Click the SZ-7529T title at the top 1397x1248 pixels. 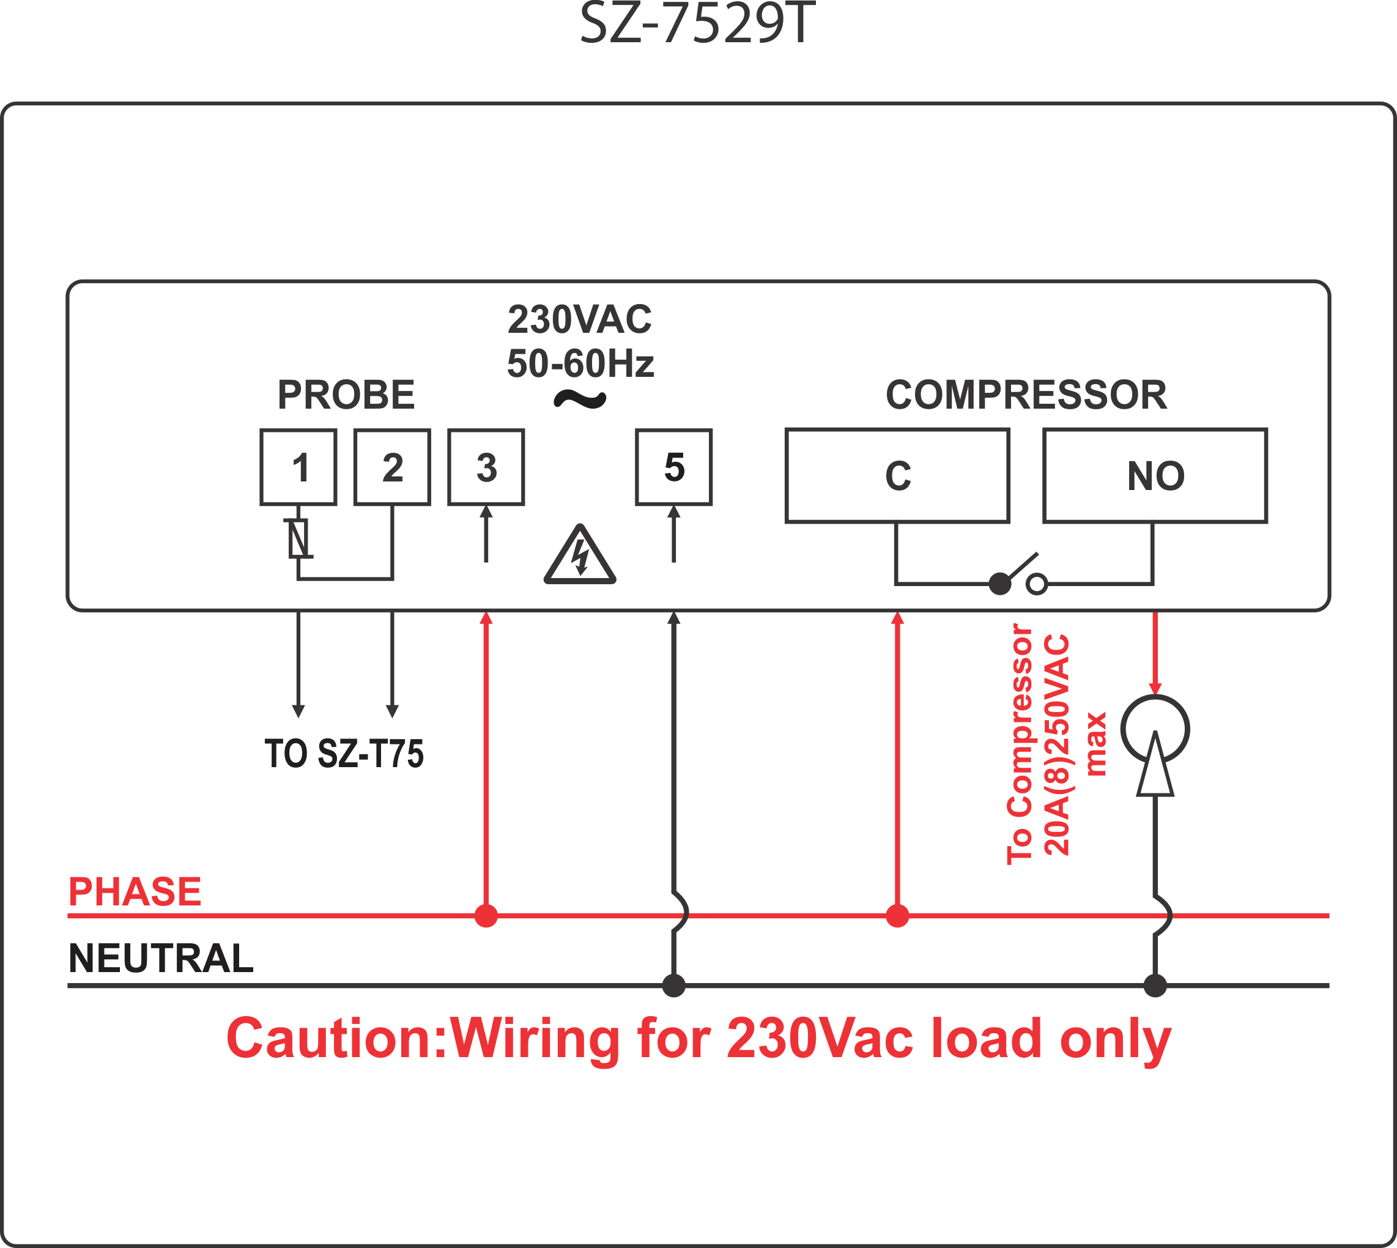point(698,23)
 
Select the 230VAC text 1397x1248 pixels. point(580,319)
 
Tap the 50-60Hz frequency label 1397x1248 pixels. point(580,363)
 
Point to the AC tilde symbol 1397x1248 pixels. point(580,399)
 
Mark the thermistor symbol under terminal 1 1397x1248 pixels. point(298,538)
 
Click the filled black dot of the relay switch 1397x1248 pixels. point(1000,584)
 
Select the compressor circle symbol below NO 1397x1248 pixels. point(1155,697)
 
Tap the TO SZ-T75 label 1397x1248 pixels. point(344,754)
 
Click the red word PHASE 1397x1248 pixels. point(135,891)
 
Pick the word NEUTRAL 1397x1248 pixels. point(161,958)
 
